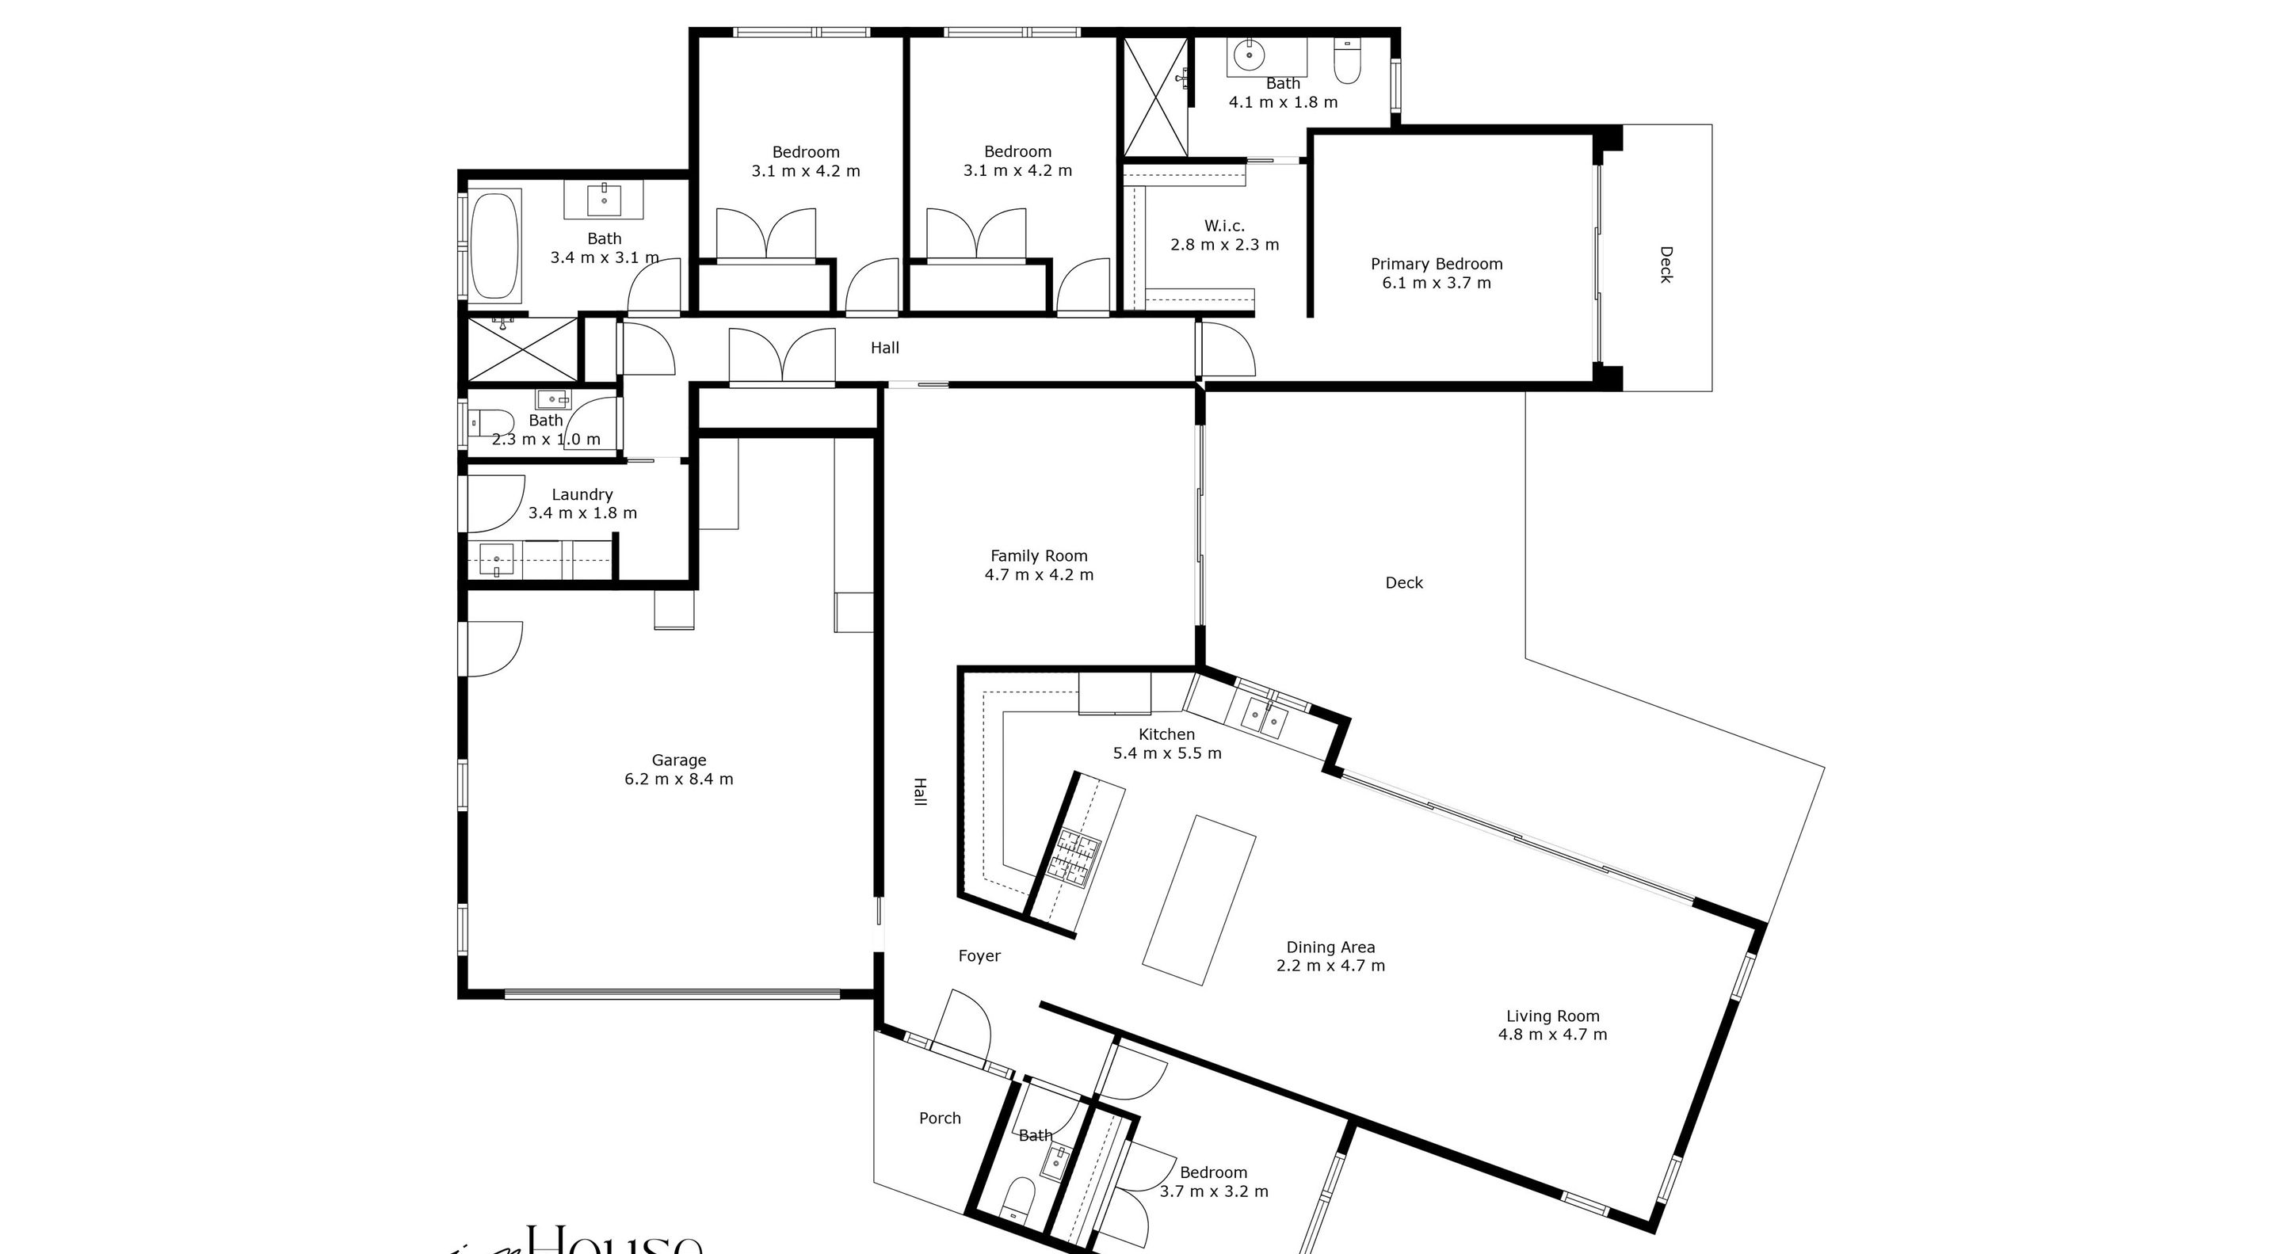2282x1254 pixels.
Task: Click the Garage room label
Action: [678, 760]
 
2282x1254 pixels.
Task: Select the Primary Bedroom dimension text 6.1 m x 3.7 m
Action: [1436, 284]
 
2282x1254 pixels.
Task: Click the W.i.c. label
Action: [1224, 226]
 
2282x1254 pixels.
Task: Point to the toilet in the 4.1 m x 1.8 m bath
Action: [1346, 61]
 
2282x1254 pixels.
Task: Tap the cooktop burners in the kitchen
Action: [1071, 858]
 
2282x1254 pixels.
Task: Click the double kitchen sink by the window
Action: [1264, 718]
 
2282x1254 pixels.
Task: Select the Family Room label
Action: [1038, 556]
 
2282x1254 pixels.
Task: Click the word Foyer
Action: [979, 955]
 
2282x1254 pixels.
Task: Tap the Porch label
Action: [940, 1119]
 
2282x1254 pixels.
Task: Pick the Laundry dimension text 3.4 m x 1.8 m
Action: [582, 513]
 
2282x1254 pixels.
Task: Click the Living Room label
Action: [1552, 1016]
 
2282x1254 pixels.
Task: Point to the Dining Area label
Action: [1330, 947]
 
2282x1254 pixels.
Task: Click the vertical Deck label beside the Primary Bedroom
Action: [1665, 265]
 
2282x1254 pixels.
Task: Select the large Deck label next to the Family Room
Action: [1404, 583]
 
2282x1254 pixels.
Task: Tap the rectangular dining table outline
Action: [1199, 900]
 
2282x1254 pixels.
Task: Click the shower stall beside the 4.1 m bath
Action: [1155, 97]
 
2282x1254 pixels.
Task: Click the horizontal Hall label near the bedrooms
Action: [884, 348]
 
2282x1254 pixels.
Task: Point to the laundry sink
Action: [496, 561]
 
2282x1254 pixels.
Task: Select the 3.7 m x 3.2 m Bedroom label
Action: [1214, 1172]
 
